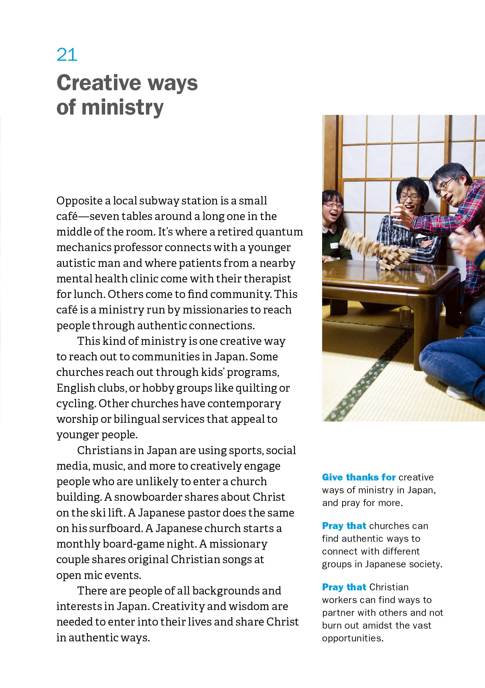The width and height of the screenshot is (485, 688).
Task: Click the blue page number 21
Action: coord(67,55)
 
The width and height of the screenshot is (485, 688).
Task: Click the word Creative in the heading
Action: coord(98,83)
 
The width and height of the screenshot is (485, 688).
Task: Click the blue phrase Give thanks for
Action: coord(358,477)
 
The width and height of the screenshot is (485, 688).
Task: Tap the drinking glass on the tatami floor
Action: coord(405,317)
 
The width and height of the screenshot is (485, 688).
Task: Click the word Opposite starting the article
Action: coord(79,201)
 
